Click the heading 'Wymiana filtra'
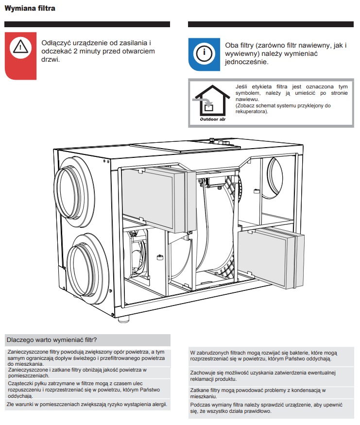(x=30, y=9)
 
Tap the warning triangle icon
(x=20, y=47)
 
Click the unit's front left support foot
(x=123, y=319)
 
